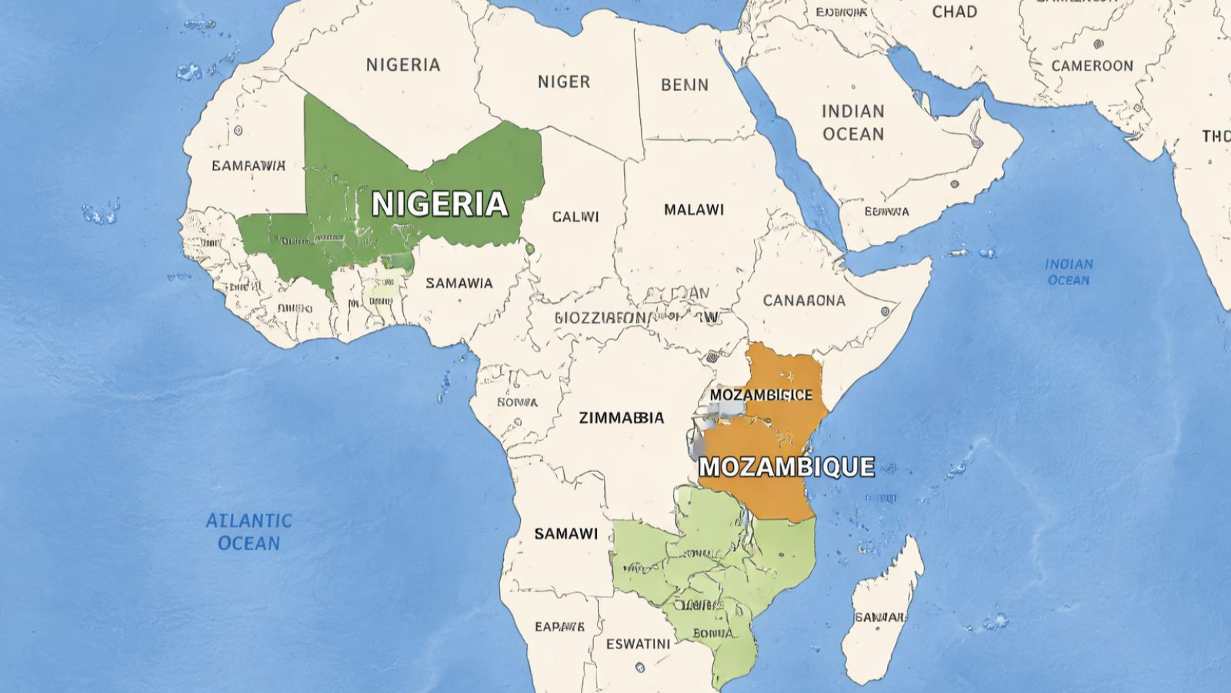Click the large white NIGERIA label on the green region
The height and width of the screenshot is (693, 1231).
coord(439,204)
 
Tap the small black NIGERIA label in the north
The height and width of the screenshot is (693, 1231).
coord(403,65)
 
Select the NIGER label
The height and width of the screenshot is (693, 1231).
coord(563,82)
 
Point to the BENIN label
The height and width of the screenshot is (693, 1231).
coord(684,85)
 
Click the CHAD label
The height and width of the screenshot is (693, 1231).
coord(954,12)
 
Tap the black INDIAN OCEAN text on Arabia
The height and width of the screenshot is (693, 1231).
coord(852,122)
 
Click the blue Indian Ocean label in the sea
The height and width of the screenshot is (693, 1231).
coord(1069,272)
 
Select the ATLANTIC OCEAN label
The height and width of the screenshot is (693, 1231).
coord(249,531)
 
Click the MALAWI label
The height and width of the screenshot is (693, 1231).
coord(693,209)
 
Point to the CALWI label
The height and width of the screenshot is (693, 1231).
coord(575,217)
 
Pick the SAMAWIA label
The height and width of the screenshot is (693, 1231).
coord(459,283)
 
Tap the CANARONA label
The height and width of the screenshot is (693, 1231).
coord(803,300)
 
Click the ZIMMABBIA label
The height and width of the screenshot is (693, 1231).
coord(621,417)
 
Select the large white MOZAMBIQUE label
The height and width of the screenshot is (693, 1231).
coord(786,467)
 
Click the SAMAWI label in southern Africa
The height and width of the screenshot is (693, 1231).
coord(565,534)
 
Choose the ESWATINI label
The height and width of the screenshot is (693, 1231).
coord(638,644)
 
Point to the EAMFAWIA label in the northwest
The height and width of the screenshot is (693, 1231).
coord(248,166)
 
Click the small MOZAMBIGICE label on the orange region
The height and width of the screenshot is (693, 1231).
coord(760,395)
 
